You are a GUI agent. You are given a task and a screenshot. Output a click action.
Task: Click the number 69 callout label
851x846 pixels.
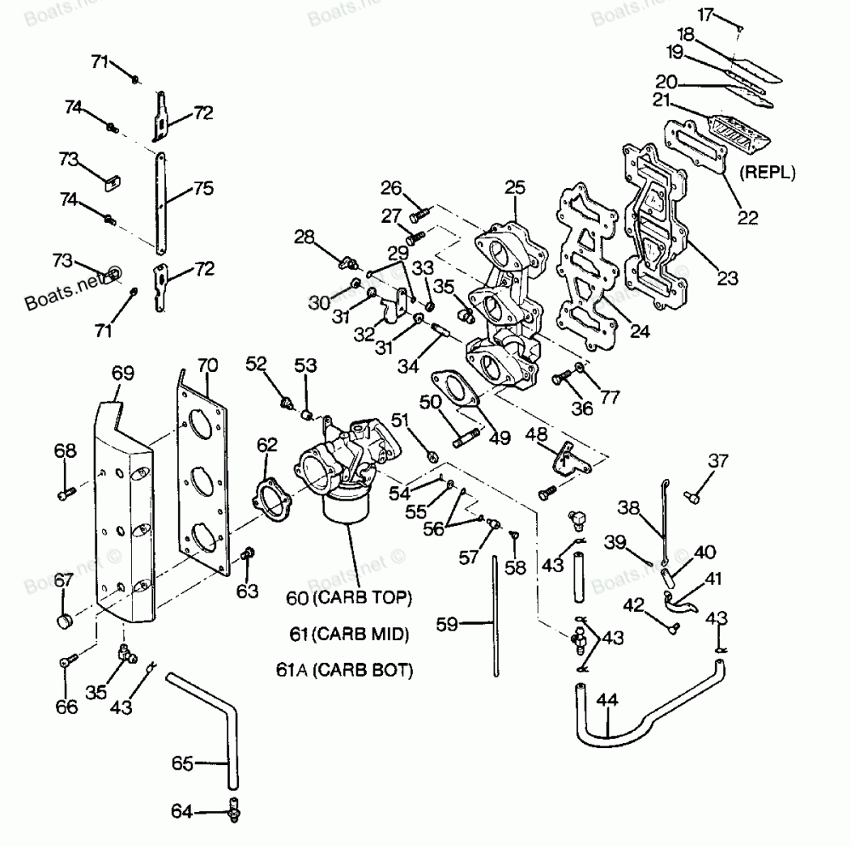pyautogui.click(x=123, y=374)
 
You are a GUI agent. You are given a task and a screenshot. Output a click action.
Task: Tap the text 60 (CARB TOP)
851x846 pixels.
pyautogui.click(x=349, y=597)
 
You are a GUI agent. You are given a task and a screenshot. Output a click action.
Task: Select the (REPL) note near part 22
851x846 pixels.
pyautogui.click(x=768, y=172)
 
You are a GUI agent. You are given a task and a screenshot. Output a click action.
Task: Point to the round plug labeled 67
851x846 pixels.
pyautogui.click(x=66, y=620)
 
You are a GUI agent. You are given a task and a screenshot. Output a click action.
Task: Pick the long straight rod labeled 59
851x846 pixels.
pyautogui.click(x=495, y=616)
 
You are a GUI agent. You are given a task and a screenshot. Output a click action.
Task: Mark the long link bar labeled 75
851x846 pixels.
pyautogui.click(x=160, y=203)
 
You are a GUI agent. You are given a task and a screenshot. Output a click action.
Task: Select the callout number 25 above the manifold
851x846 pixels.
pyautogui.click(x=515, y=188)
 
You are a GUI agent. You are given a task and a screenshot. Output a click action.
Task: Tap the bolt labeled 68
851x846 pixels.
pyautogui.click(x=66, y=494)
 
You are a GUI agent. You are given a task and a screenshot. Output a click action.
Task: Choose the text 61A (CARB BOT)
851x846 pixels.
pyautogui.click(x=345, y=670)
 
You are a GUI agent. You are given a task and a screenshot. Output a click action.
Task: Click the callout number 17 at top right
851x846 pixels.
pyautogui.click(x=705, y=14)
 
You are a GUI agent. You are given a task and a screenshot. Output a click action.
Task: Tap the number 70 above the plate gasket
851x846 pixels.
pyautogui.click(x=208, y=365)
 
